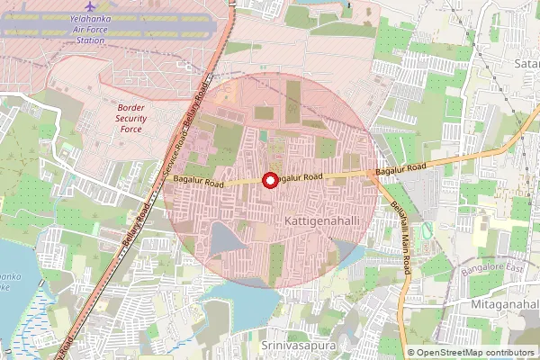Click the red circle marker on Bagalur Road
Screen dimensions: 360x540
click(x=269, y=180)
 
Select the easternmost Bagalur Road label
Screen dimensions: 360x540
click(x=400, y=170)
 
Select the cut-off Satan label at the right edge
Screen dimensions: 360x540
click(x=526, y=64)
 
